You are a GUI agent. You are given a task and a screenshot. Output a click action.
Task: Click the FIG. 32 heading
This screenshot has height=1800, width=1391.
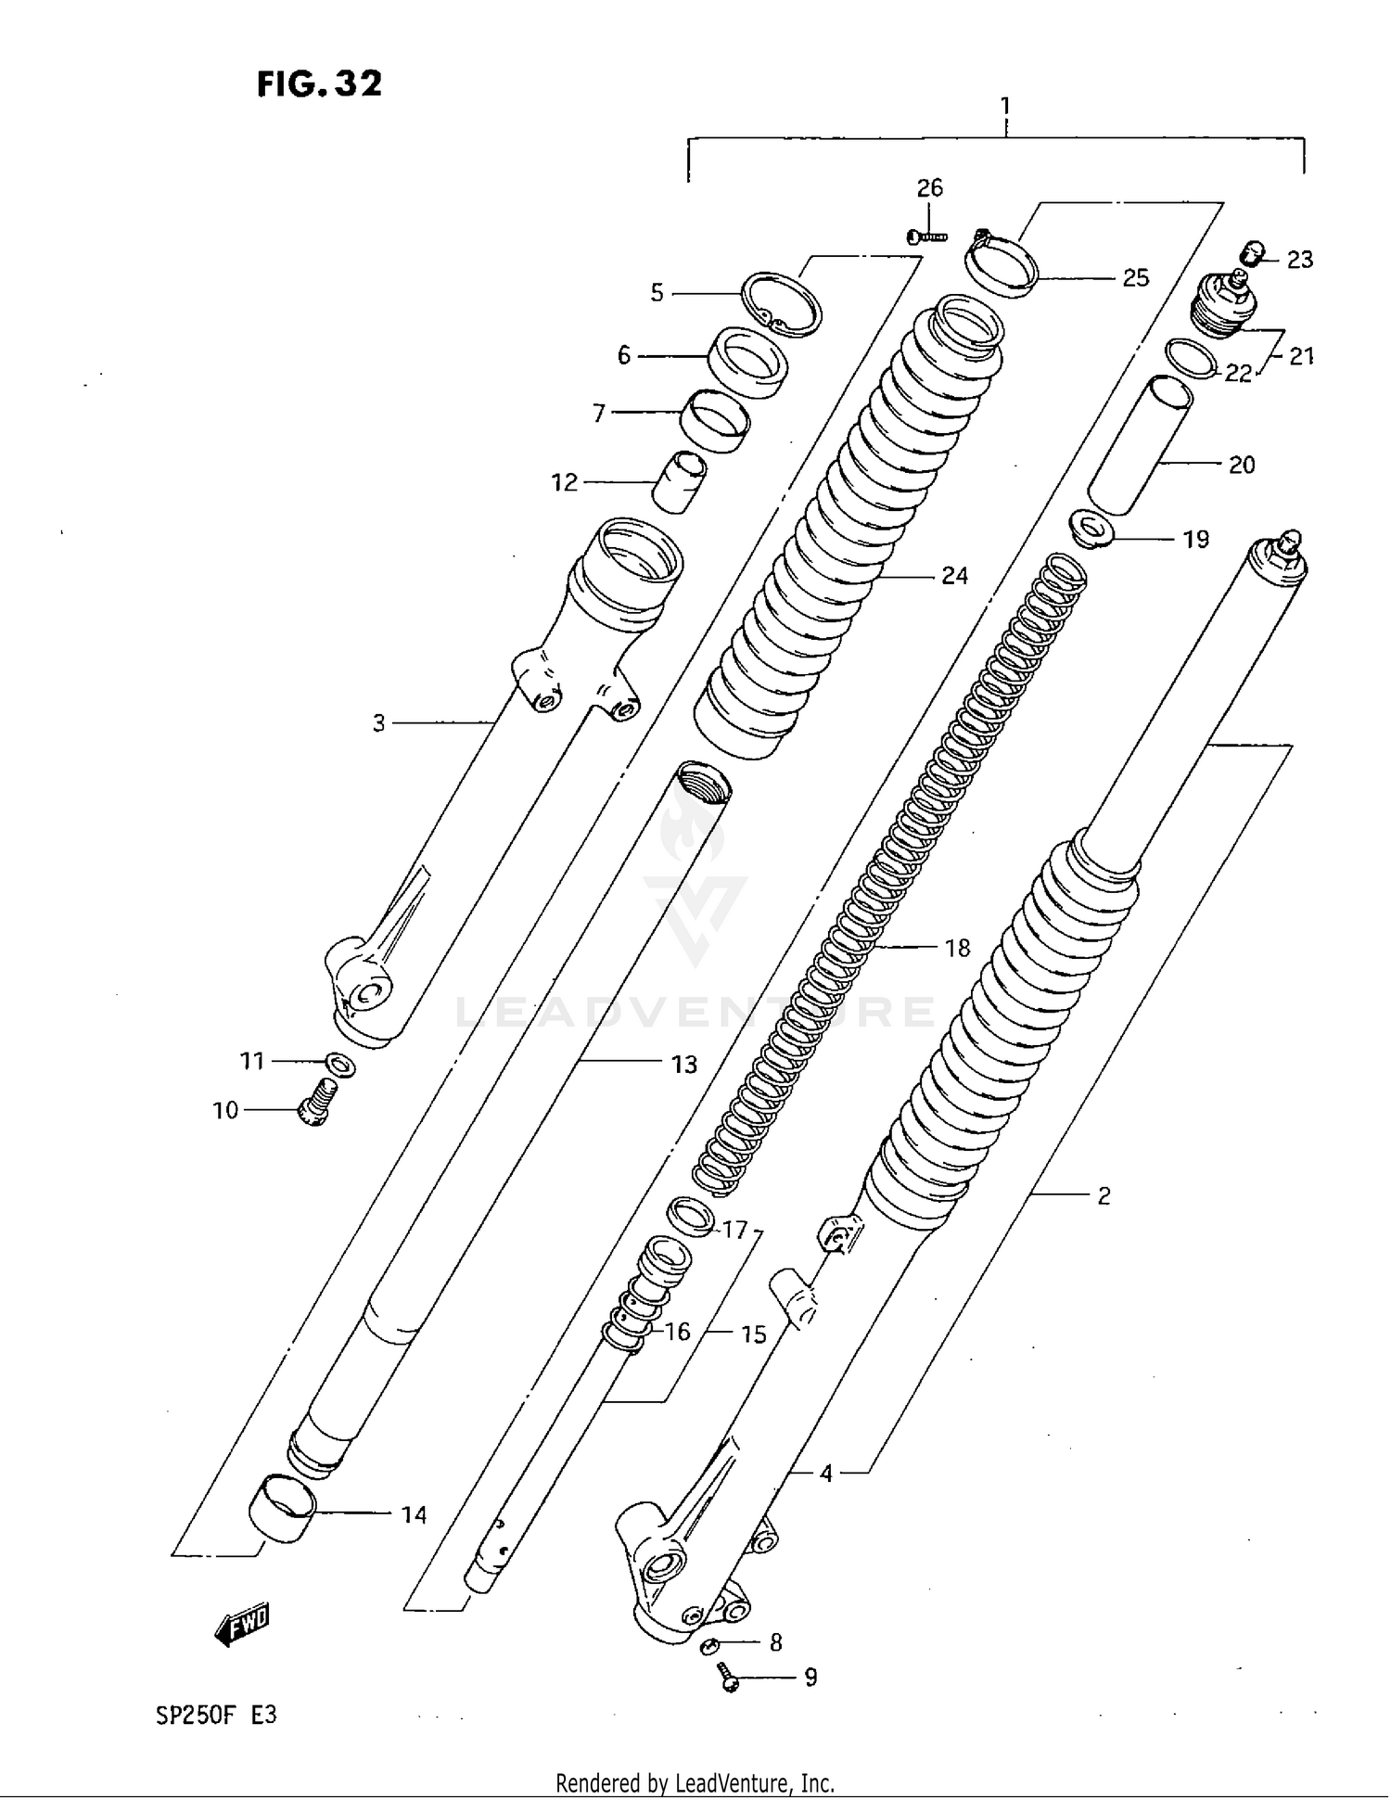[319, 84]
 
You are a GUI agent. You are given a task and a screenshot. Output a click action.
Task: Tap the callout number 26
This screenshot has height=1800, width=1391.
[929, 188]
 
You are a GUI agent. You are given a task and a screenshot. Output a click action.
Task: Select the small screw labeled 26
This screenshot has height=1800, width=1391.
[926, 237]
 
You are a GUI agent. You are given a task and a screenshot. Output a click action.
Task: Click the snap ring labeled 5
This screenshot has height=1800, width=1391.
[782, 304]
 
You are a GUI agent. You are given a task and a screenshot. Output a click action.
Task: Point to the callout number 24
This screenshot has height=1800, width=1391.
[954, 576]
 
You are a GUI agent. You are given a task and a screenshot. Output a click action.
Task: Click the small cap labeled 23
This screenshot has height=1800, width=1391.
[1253, 252]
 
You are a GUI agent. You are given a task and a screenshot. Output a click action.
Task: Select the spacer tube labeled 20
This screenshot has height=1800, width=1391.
[1140, 445]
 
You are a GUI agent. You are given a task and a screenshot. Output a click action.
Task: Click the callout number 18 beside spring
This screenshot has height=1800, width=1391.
[957, 948]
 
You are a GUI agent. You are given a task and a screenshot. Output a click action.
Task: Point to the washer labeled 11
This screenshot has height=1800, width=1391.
[340, 1065]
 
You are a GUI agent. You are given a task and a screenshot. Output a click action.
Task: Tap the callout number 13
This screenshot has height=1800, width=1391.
[683, 1065]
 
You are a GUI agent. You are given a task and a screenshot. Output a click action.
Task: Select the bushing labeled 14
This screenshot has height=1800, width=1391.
[282, 1509]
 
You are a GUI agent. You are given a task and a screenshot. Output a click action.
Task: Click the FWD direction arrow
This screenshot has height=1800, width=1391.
[241, 1624]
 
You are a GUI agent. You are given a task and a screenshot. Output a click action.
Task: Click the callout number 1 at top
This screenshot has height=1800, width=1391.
[1005, 106]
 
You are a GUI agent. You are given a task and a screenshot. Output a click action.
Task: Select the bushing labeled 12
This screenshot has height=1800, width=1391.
[680, 481]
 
